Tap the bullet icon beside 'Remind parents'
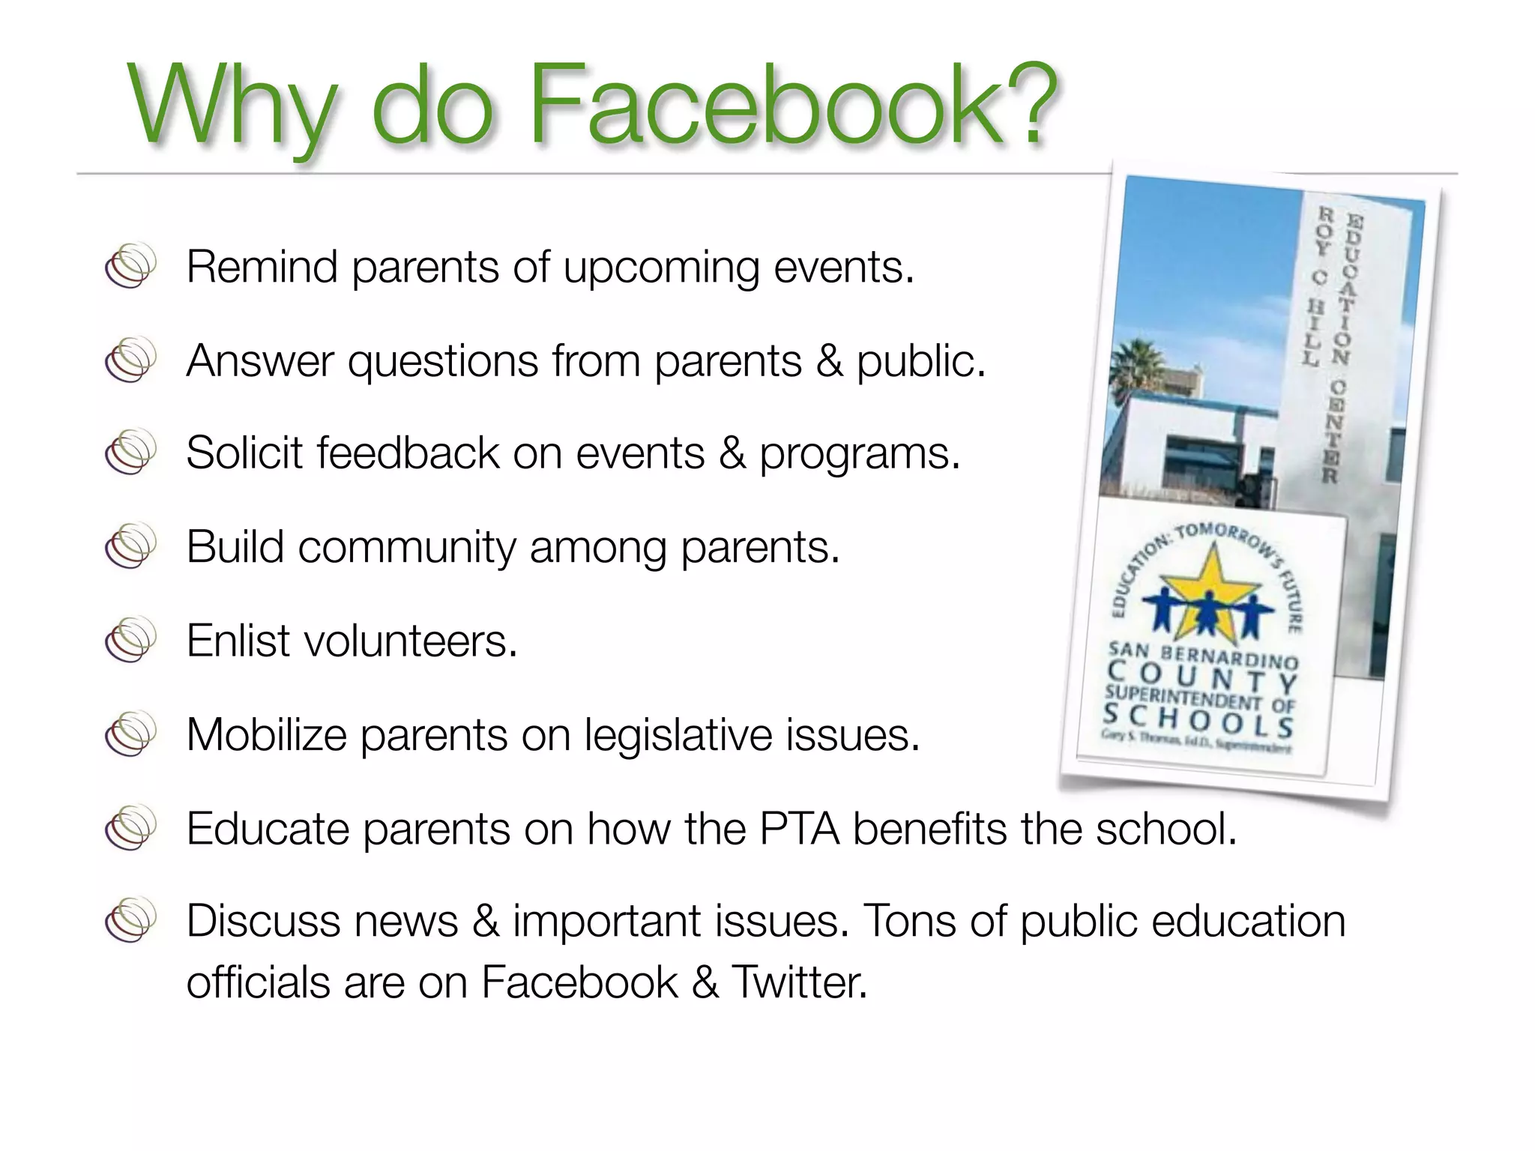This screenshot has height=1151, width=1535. (130, 265)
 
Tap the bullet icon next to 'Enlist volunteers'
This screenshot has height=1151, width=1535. (130, 640)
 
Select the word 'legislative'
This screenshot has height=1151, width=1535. (677, 735)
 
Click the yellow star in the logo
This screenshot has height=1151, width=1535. (1207, 588)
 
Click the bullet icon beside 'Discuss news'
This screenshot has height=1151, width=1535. (130, 919)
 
